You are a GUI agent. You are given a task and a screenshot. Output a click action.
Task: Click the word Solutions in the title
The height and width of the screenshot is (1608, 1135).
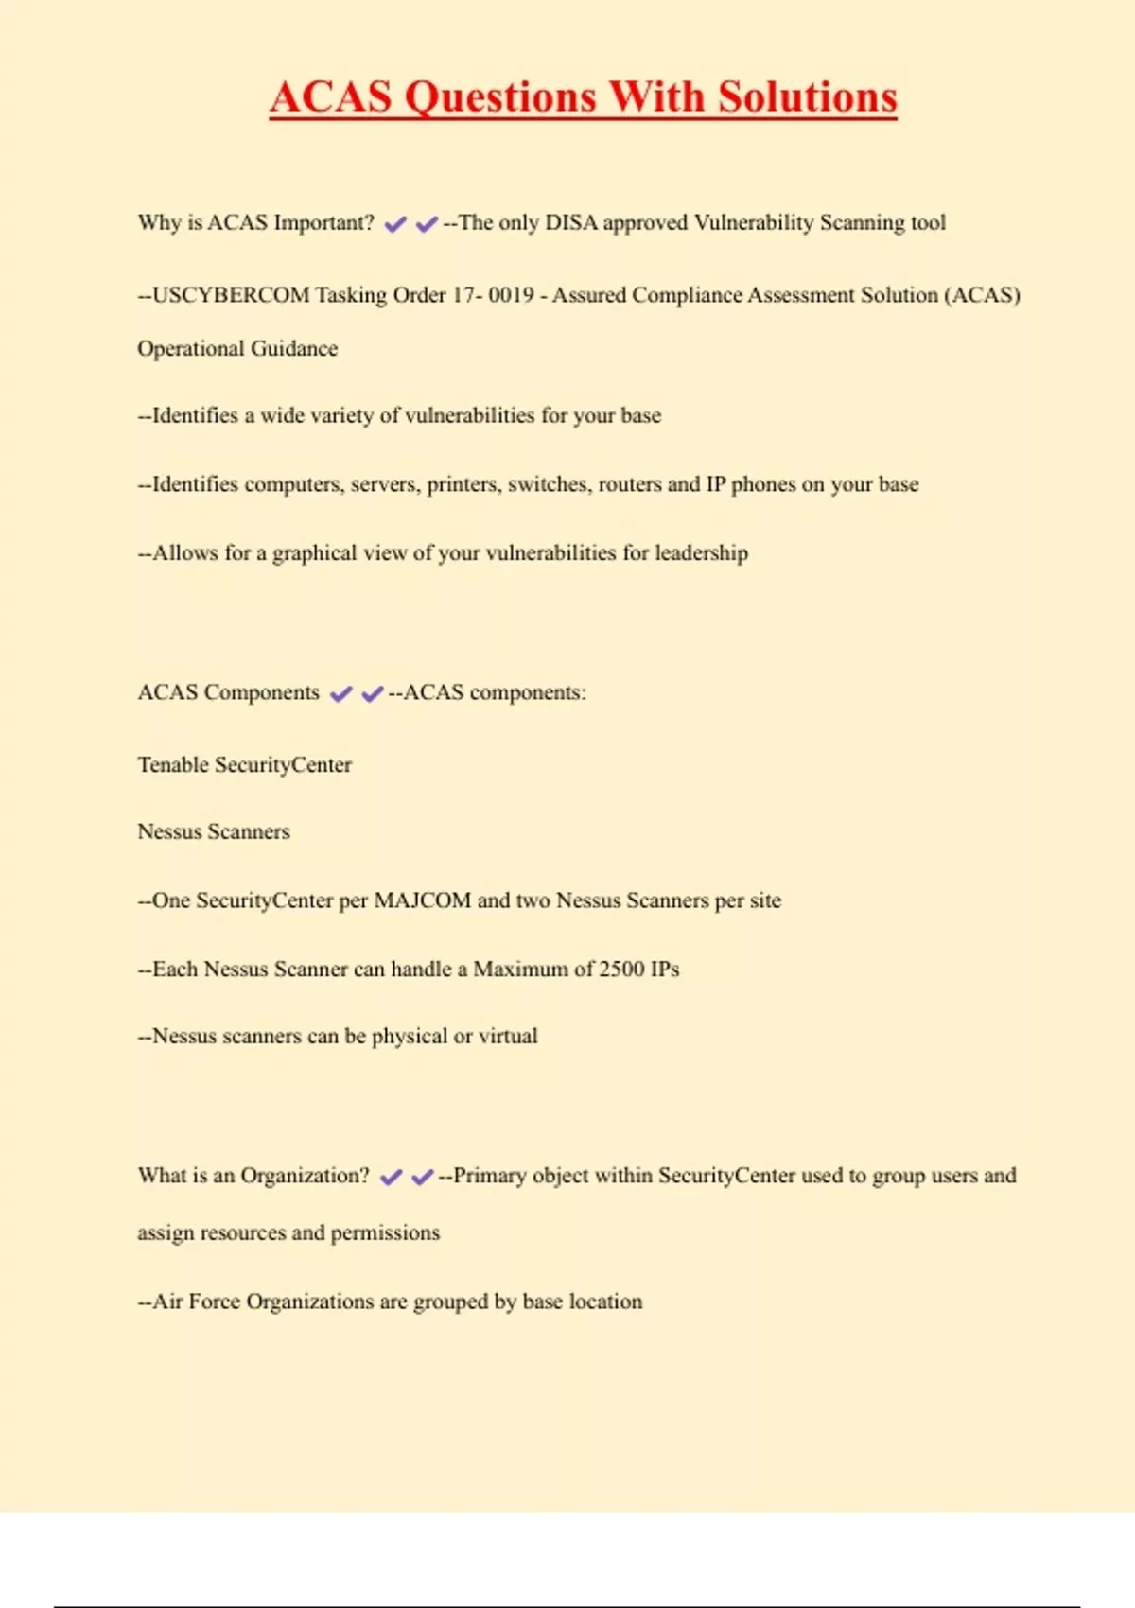click(807, 97)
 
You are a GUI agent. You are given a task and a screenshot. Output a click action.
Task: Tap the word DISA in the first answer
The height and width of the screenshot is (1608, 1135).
click(571, 223)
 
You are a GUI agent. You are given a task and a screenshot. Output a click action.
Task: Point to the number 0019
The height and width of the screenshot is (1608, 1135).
click(511, 295)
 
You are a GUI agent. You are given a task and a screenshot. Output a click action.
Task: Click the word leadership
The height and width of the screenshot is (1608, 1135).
click(701, 553)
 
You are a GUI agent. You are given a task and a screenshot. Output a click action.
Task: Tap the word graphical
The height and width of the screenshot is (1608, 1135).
click(316, 553)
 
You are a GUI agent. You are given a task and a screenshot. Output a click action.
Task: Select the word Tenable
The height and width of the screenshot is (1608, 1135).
click(173, 765)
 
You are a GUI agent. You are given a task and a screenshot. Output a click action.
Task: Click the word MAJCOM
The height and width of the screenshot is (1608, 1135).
click(422, 900)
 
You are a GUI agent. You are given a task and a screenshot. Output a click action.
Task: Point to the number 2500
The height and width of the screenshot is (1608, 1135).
click(621, 970)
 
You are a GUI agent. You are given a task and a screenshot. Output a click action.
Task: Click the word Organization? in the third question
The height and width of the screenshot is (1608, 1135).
click(305, 1176)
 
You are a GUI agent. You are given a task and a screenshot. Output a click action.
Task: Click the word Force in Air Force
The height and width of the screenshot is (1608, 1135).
click(214, 1302)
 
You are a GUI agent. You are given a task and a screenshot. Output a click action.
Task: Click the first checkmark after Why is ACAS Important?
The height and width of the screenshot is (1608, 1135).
click(395, 224)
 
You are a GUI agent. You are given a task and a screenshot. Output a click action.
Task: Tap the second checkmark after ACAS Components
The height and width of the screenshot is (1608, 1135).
click(373, 694)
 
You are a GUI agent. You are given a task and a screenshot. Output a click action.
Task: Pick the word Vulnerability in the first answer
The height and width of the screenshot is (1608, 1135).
click(754, 223)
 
